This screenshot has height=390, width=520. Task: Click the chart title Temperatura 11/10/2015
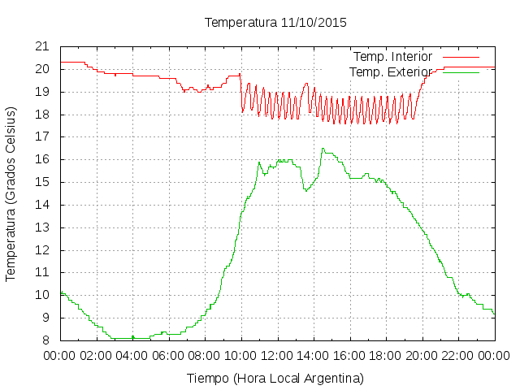[275, 23]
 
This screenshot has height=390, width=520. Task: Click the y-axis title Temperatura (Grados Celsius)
[11, 194]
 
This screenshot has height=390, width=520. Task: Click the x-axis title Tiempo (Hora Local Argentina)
[275, 379]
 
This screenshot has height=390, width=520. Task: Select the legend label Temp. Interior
[392, 57]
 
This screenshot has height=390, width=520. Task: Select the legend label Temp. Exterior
[391, 72]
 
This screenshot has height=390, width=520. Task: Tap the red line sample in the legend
[461, 57]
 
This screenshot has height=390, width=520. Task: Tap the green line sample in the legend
[461, 72]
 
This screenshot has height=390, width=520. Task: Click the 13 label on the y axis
[42, 227]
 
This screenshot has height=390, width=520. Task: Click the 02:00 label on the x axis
[96, 356]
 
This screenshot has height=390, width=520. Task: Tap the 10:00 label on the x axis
[241, 356]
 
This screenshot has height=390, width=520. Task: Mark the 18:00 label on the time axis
[386, 356]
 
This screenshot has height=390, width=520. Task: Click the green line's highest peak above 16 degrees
[323, 149]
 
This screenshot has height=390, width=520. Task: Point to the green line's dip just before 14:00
[305, 191]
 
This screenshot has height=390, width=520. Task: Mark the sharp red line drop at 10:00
[241, 93]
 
